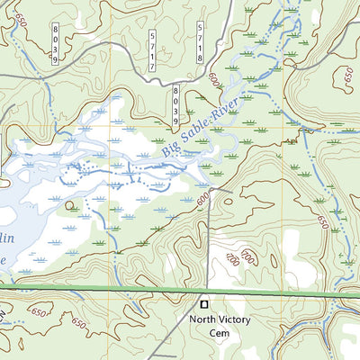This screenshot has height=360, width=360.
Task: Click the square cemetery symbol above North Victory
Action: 203,303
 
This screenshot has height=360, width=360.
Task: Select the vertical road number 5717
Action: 155,45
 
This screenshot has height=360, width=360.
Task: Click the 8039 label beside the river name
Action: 176,104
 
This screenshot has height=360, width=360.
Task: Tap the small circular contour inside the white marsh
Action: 70,205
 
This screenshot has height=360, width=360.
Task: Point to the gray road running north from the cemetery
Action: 210,243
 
